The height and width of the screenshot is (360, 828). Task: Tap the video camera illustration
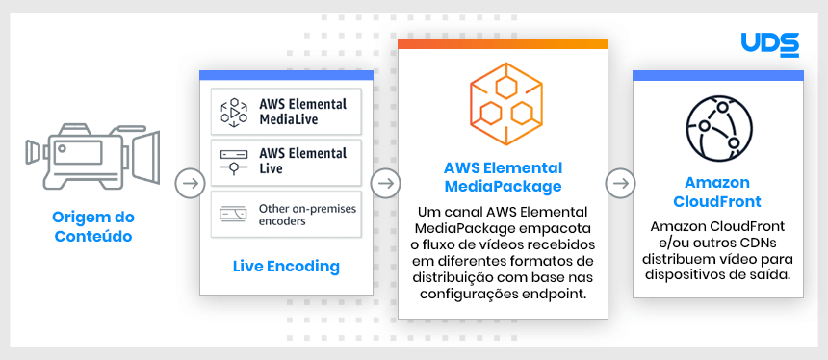(91, 153)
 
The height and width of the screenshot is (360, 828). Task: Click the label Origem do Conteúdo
(92, 224)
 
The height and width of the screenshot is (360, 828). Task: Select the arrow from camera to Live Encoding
(191, 182)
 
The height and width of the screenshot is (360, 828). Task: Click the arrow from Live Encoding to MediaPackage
(385, 182)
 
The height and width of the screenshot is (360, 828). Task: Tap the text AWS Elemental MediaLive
(302, 112)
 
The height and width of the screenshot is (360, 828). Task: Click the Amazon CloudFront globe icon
(717, 131)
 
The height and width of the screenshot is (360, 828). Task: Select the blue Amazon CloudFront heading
(717, 193)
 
